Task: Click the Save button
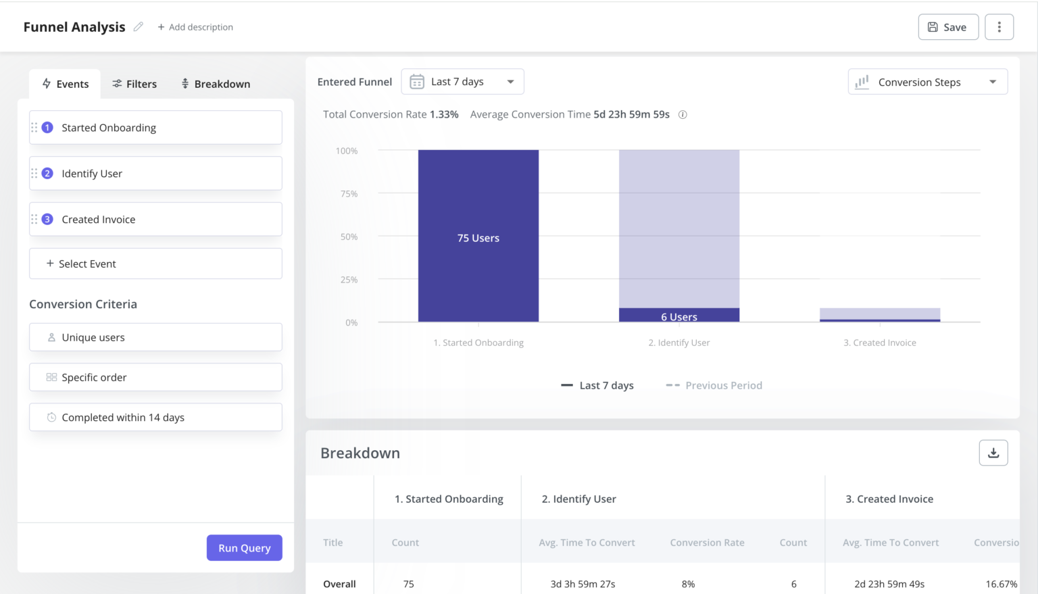click(x=947, y=27)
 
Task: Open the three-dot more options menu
click(x=999, y=27)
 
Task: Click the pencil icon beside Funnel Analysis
click(x=139, y=27)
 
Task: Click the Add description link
click(x=195, y=27)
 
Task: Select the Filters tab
click(x=134, y=84)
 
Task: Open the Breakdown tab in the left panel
click(x=216, y=84)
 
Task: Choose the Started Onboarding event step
click(x=155, y=128)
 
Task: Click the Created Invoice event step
click(x=155, y=220)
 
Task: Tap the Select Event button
click(x=155, y=264)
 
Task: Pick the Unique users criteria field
click(x=155, y=337)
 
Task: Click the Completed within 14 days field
click(x=155, y=418)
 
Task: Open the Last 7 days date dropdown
click(x=462, y=82)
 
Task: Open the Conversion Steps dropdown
click(x=927, y=82)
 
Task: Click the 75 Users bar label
click(x=478, y=238)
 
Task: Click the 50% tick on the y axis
click(x=349, y=237)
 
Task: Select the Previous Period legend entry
click(x=714, y=385)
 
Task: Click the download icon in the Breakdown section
click(x=993, y=453)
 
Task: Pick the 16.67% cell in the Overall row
click(x=1001, y=584)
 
